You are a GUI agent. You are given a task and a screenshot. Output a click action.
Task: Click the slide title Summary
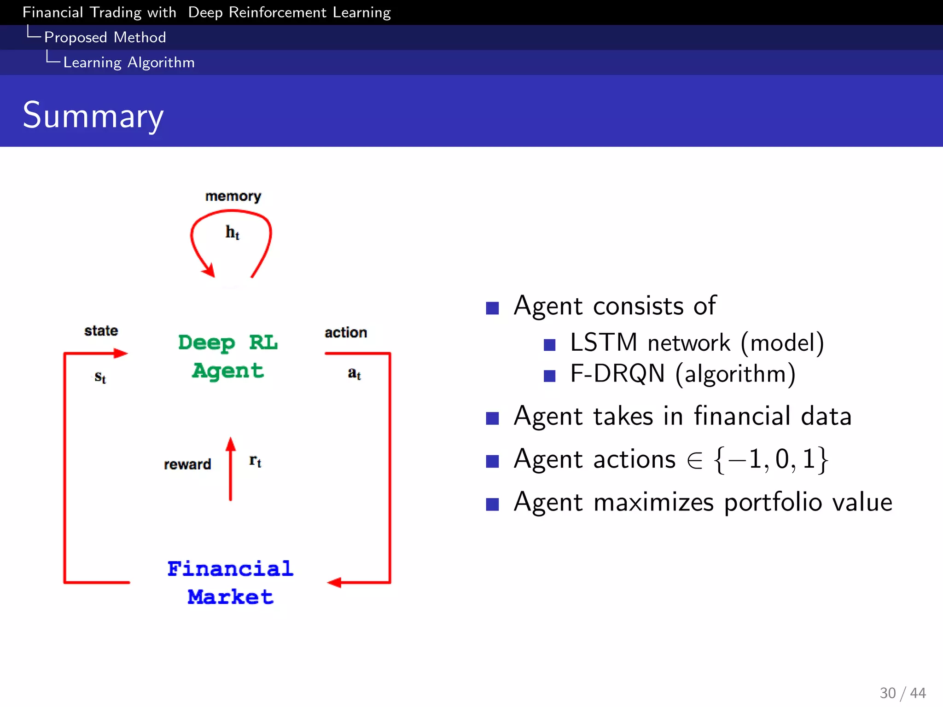coord(93,115)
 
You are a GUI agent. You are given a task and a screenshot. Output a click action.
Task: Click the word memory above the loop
coord(233,197)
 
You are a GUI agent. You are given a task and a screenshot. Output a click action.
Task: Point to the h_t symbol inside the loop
coord(233,232)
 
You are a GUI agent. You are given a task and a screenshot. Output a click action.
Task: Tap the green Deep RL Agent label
coord(228,357)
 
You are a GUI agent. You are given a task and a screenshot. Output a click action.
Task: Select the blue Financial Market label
coord(230,583)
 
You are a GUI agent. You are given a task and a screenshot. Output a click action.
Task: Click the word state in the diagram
coord(101,330)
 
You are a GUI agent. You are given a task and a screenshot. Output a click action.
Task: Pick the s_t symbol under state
coord(100,377)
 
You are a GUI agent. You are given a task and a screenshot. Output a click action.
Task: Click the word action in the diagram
coord(346,332)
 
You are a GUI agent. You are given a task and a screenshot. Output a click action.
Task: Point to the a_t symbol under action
coord(354,373)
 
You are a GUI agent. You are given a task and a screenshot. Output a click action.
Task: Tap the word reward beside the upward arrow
coord(187,464)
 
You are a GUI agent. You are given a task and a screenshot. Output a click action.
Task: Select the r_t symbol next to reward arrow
coord(255,461)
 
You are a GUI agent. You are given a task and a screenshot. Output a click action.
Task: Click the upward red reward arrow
coord(231,469)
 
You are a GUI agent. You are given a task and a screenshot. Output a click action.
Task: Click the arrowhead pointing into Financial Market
coord(334,582)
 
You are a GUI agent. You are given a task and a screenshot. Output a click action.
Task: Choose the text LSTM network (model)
coord(697,343)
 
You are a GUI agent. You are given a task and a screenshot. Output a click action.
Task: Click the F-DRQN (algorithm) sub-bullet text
coord(682,373)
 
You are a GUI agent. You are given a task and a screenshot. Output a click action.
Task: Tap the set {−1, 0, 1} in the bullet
coord(771,459)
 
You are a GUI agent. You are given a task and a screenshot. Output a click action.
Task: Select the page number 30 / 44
coord(902,693)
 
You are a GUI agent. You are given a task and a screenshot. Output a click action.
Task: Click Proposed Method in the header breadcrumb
coord(105,37)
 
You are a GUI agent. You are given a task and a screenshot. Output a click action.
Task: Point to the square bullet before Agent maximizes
coord(492,504)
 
